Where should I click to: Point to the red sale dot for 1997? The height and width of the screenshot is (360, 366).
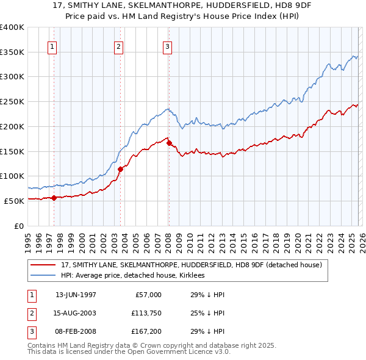54,197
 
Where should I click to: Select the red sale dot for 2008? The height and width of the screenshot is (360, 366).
169,143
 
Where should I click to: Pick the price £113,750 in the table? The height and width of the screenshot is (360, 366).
145,314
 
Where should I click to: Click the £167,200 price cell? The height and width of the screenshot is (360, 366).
145,333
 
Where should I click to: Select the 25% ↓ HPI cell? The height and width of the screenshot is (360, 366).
208,314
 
